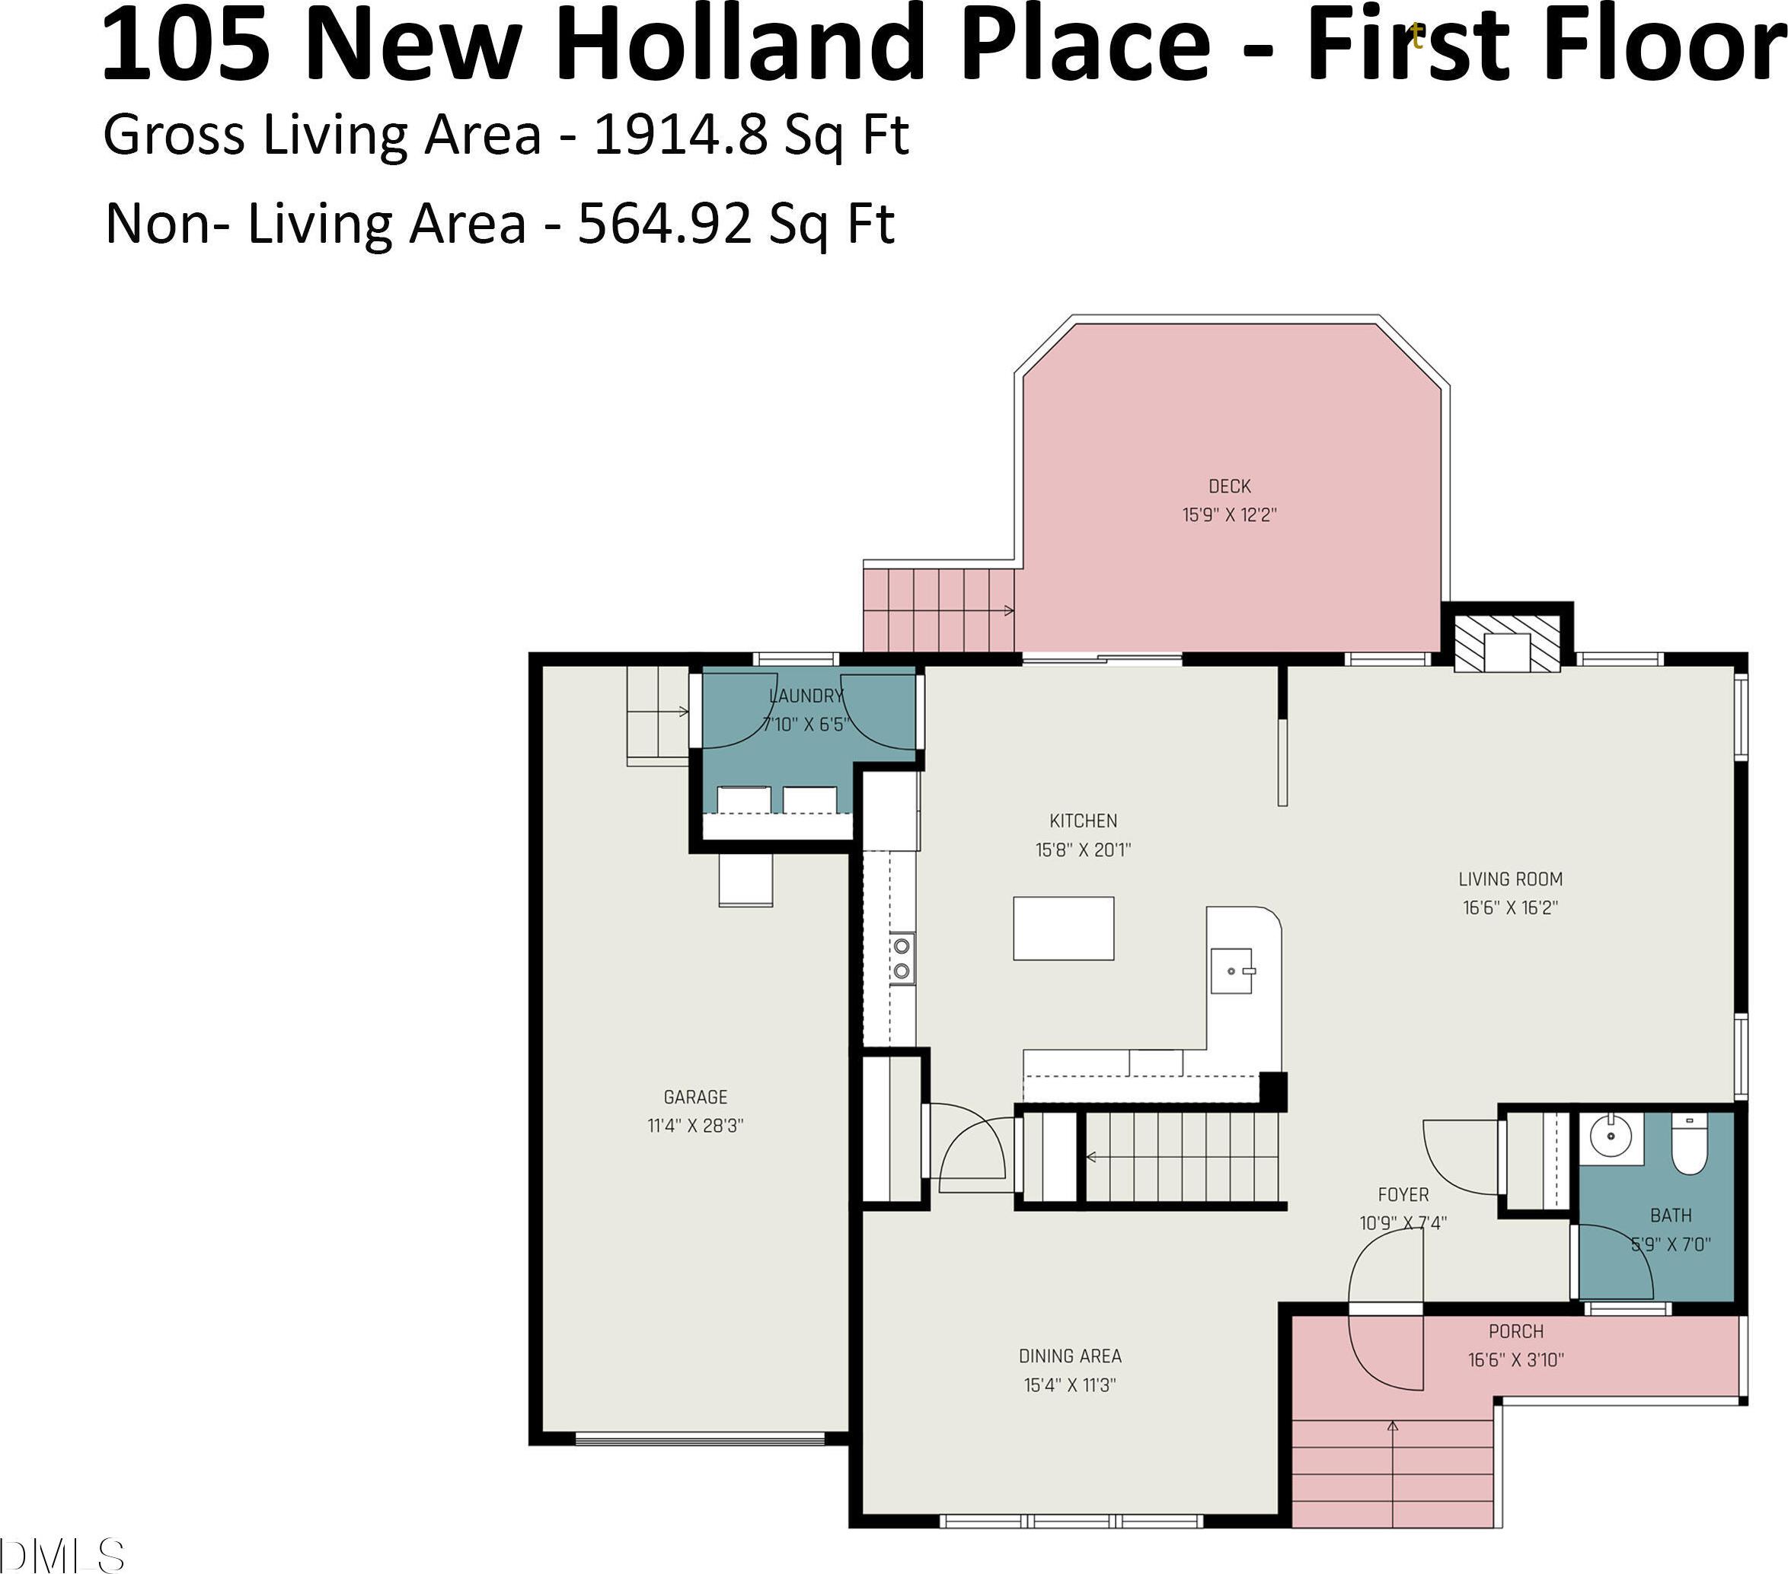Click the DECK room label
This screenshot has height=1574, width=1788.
coord(1229,486)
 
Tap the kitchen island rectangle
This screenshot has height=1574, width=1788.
coord(1064,928)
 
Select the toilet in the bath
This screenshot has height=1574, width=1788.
coord(1689,1143)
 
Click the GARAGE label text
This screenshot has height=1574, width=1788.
coord(695,1097)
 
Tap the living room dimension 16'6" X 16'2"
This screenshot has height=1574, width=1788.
coord(1511,908)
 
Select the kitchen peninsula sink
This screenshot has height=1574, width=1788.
coord(1231,970)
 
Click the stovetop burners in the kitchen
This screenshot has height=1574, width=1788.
coord(902,958)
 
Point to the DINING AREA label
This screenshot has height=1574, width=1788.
coord(1070,1356)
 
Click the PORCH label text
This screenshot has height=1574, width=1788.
coord(1516,1332)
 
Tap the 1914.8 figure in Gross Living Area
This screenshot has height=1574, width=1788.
coord(681,135)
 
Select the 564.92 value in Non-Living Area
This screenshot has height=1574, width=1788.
coord(664,224)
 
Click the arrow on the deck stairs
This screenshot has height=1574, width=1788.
coord(940,610)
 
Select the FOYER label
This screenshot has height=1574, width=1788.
coord(1403,1194)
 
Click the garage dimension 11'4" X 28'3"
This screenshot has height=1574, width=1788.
coord(695,1126)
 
